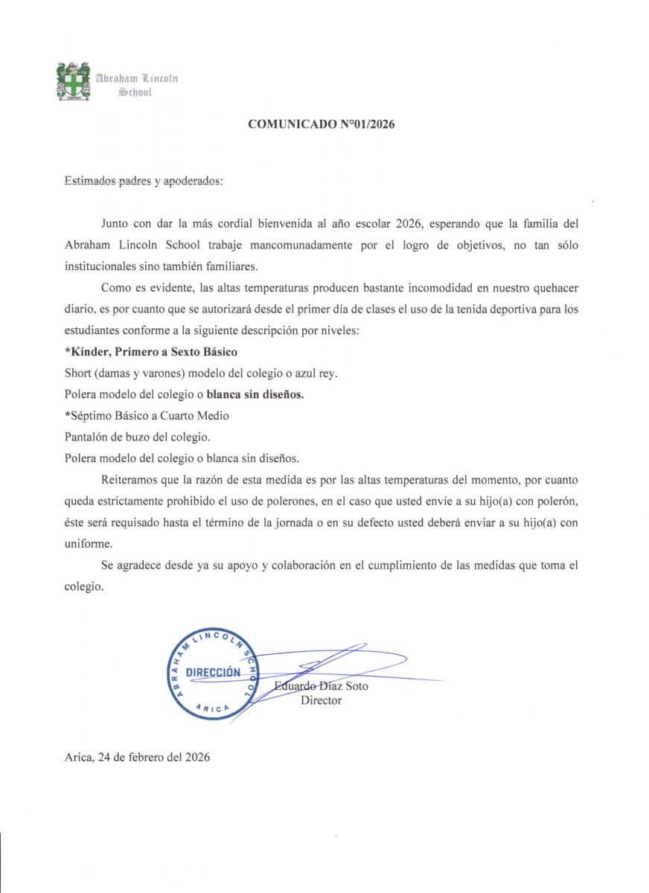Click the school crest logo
(x=73, y=81)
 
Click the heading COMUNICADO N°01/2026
(x=321, y=124)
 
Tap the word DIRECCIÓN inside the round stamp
(x=214, y=673)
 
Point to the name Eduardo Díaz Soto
(x=321, y=686)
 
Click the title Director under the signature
(x=321, y=700)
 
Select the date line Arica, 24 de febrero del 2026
(x=137, y=758)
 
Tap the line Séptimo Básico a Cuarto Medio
(x=147, y=415)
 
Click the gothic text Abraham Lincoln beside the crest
(x=135, y=77)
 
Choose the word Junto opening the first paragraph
(x=115, y=224)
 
